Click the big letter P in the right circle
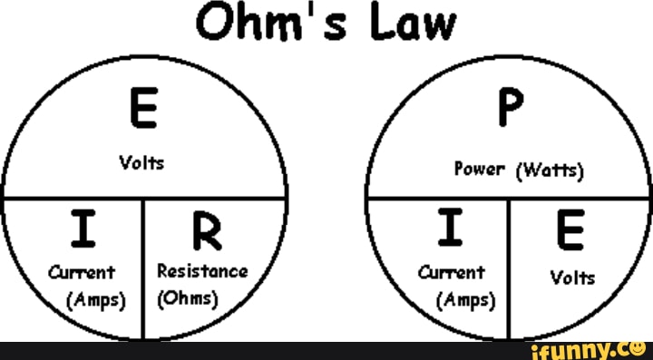[509, 113]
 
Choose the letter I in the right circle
[451, 232]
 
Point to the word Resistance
[202, 270]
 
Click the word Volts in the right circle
[573, 279]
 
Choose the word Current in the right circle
[452, 271]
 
